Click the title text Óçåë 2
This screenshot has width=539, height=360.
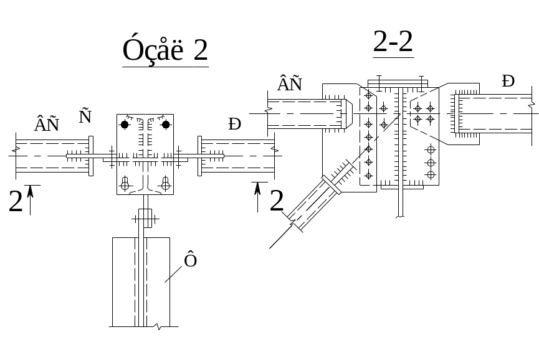(165, 50)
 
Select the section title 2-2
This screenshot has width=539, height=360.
(393, 42)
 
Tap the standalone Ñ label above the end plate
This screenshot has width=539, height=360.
(85, 116)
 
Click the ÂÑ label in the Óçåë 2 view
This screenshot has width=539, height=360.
(47, 125)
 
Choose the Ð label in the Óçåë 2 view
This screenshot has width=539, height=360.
(234, 125)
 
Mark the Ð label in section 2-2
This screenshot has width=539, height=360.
(508, 82)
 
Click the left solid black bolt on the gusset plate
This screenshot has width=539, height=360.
(125, 125)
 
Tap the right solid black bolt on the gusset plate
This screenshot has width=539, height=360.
(166, 125)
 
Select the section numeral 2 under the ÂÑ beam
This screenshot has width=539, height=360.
(16, 202)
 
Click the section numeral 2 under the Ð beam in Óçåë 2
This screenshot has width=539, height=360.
(277, 201)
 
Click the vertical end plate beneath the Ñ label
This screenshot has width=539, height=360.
(91, 155)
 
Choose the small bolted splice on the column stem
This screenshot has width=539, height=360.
(145, 219)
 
